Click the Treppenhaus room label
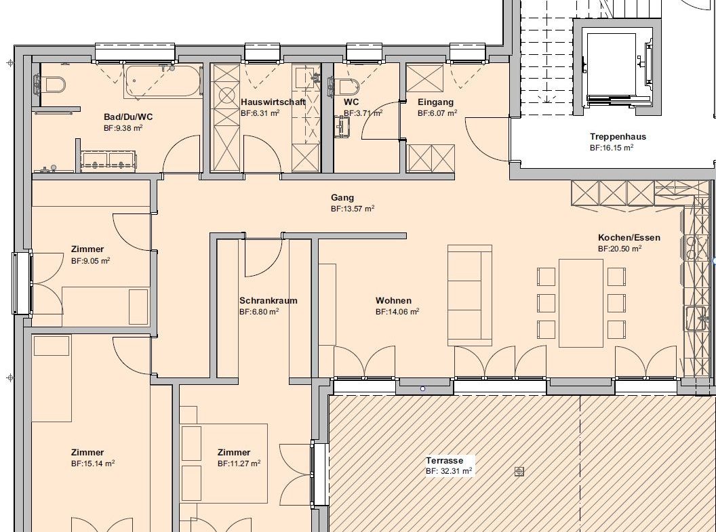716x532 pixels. tap(618, 136)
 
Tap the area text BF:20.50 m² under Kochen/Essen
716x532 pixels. tap(620, 249)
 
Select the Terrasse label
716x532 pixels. tap(444, 460)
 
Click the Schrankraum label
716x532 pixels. tap(268, 301)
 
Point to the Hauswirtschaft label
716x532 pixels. tap(273, 102)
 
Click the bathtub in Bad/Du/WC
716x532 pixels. tap(163, 81)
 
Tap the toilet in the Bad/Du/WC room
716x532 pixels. tap(51, 84)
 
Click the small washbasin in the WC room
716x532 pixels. tap(342, 126)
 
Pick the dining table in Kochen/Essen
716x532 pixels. tap(581, 303)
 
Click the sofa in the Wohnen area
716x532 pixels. tap(470, 295)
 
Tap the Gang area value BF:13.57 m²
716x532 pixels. tap(353, 209)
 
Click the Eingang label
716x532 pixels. tap(435, 102)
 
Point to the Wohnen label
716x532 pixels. tap(393, 301)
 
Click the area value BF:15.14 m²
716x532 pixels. tap(93, 464)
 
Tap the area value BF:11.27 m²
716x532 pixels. tap(239, 464)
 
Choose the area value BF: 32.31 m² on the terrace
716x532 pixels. tap(449, 471)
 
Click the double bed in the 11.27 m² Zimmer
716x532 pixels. tap(224, 463)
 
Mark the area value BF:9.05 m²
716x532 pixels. tap(90, 261)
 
